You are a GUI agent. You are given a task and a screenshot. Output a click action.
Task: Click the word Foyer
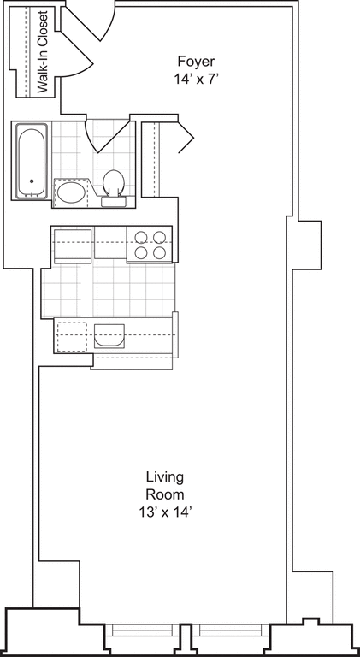click(196, 62)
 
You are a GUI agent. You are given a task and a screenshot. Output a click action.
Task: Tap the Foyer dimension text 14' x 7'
click(196, 79)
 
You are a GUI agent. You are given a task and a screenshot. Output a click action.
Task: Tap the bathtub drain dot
click(32, 181)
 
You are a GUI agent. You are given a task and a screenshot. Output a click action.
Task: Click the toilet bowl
click(113, 181)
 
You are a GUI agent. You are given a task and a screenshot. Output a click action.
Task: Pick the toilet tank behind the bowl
click(113, 202)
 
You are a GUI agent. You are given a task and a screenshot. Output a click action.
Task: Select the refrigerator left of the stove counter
click(73, 246)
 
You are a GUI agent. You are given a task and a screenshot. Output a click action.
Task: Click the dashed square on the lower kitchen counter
click(72, 335)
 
